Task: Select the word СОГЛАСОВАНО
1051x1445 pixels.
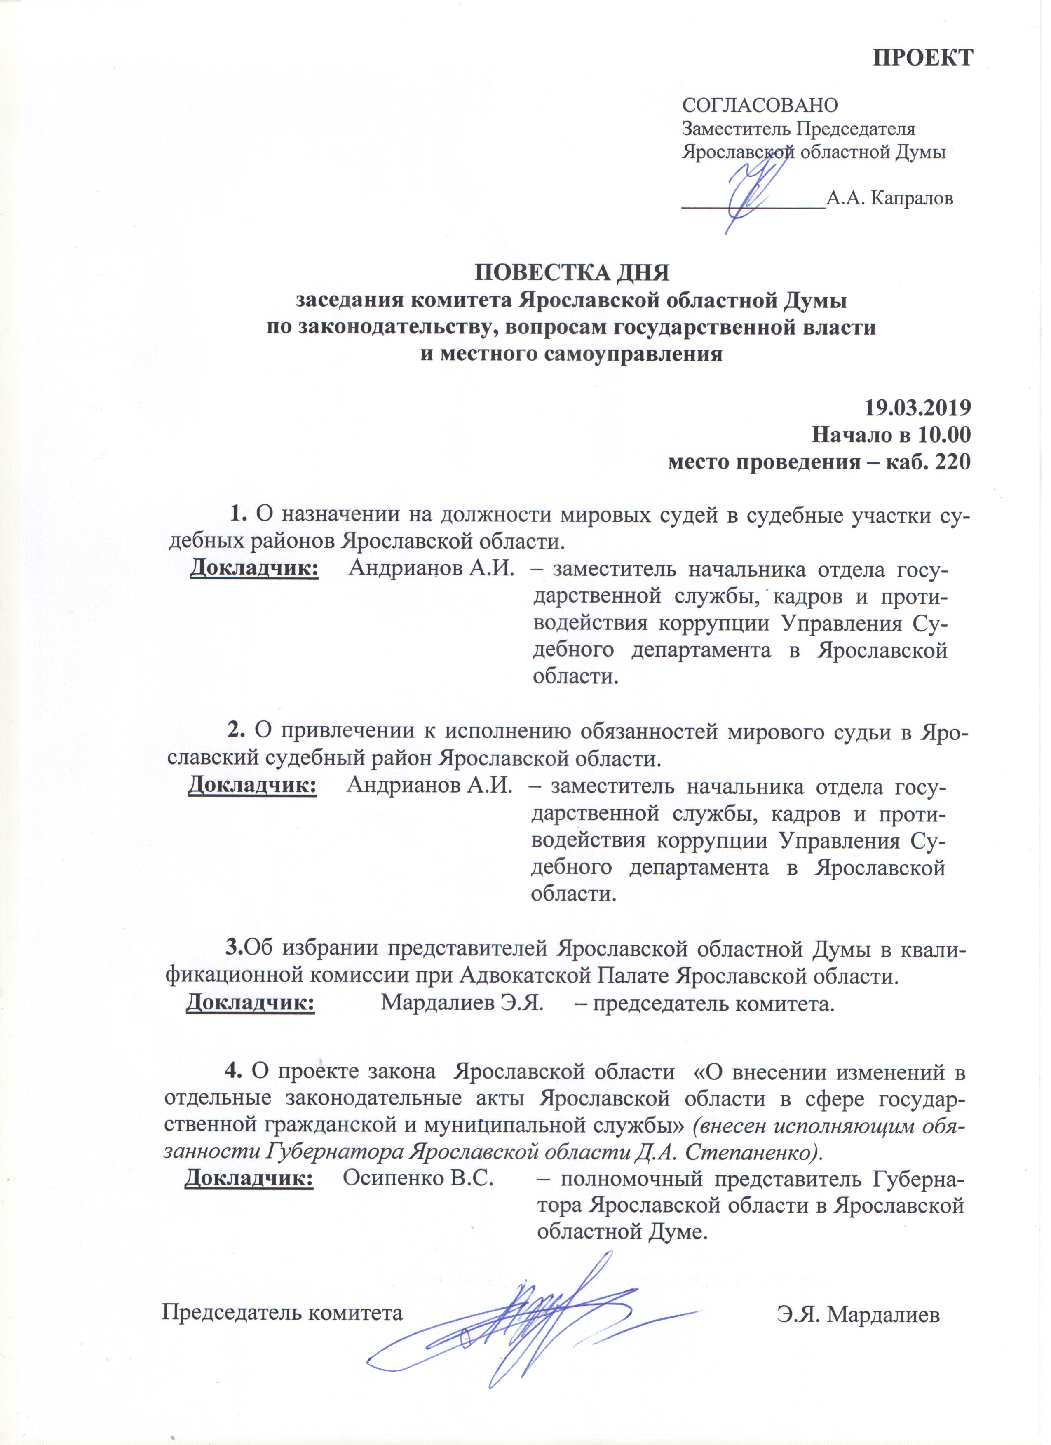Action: tap(760, 105)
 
